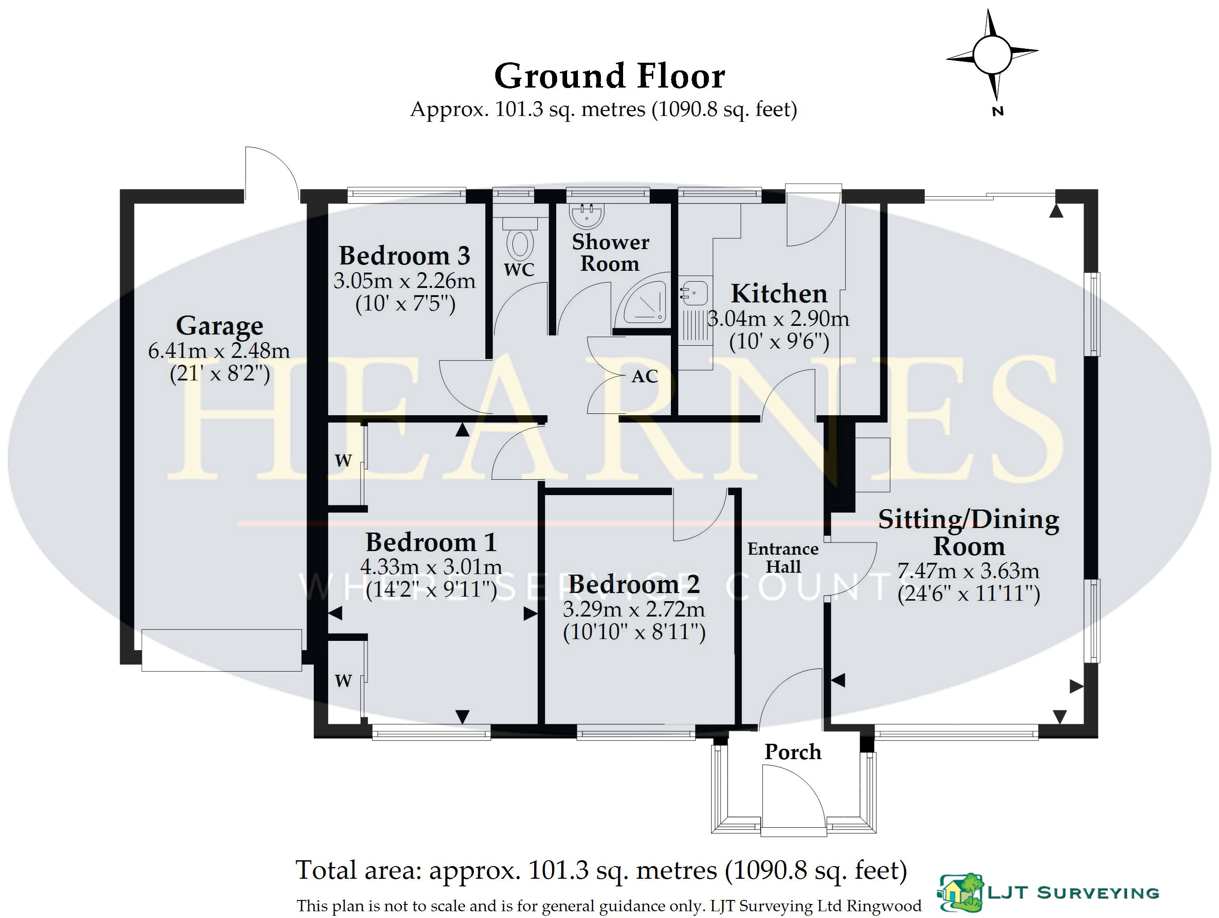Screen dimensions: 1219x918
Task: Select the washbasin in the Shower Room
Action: [586, 215]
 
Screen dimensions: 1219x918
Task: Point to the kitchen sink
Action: [694, 292]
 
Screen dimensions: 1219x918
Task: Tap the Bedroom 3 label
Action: [405, 255]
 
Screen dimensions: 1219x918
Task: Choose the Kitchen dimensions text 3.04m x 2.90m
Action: [778, 319]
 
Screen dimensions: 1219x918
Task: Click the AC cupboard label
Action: [645, 376]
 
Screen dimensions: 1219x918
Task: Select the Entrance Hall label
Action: [782, 558]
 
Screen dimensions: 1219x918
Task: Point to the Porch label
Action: [792, 752]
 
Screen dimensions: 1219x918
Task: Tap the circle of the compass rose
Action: [992, 55]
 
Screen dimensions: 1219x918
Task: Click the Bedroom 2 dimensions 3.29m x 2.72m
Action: [634, 609]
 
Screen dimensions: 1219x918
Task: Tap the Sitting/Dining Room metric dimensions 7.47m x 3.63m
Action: [968, 571]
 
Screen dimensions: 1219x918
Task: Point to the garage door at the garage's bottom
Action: [222, 650]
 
